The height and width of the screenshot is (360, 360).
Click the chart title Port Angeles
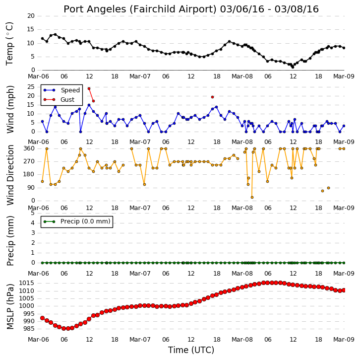pos(95,9)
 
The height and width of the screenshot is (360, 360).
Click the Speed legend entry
pos(62,90)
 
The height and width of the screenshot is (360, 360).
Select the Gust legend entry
pos(59,99)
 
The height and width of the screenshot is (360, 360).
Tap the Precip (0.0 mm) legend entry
pos(77,221)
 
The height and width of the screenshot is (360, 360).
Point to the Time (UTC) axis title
pos(191,350)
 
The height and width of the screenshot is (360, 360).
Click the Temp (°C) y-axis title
pos(9,44)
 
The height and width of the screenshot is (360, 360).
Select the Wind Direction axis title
pos(10,175)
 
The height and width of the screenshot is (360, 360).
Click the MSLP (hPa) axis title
pos(10,306)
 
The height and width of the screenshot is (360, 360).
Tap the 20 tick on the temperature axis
pos(31,16)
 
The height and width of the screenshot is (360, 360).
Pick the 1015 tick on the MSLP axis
pos(27,283)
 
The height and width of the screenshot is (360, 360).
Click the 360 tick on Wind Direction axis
pos(29,148)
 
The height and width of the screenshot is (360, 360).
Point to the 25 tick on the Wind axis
pos(31,87)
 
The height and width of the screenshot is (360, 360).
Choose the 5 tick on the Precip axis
pos(32,213)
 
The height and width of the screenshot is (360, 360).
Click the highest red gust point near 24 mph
pos(89,88)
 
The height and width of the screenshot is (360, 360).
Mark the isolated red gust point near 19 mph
pos(212,97)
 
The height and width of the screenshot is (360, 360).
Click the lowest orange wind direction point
pos(252,198)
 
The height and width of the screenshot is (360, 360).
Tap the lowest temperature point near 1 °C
pos(293,67)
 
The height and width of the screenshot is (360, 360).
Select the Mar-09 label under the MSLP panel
pos(344,339)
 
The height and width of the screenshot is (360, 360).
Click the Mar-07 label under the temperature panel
pos(140,76)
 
